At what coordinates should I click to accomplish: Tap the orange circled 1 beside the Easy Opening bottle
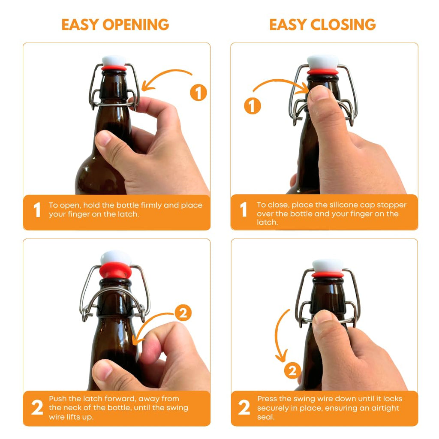(x=198, y=93)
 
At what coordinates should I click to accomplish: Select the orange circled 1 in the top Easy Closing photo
(x=253, y=105)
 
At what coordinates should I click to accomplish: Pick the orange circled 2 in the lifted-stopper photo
(x=183, y=313)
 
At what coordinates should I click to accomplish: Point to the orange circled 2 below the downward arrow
(x=292, y=370)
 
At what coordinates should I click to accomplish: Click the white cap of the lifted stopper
(x=115, y=257)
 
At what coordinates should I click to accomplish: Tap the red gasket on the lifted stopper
(x=115, y=271)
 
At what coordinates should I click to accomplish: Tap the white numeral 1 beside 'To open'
(x=37, y=210)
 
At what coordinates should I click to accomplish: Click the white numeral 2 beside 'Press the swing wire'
(x=244, y=408)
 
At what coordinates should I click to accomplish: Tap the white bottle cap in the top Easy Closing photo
(x=323, y=62)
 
